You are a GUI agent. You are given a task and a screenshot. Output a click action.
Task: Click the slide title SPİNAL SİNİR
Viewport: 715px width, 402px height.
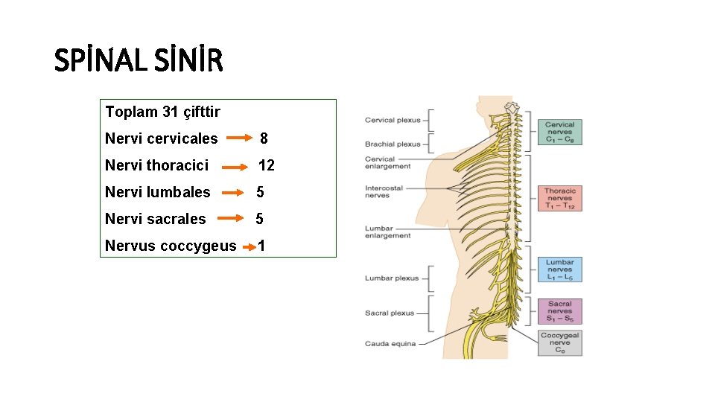[139, 60]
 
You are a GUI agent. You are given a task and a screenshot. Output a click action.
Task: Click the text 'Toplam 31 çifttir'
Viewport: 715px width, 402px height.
[162, 112]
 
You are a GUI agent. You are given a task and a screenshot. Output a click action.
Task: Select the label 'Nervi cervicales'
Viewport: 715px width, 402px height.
[162, 138]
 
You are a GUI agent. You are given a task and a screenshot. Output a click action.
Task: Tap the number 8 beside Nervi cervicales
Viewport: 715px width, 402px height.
[264, 138]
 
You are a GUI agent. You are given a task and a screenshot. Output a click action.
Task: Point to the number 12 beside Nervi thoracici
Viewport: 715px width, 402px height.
[266, 165]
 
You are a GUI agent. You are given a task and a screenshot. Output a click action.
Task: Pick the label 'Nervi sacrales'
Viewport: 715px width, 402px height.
[155, 219]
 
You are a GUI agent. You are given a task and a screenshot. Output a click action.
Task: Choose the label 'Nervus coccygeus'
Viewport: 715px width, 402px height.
[171, 246]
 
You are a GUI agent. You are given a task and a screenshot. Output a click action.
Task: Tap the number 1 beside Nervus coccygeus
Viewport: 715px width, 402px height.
[261, 246]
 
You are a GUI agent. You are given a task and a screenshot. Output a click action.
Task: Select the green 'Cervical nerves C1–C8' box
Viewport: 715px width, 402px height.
[559, 132]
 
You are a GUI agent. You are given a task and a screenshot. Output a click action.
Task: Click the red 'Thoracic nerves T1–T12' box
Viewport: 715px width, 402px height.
[559, 199]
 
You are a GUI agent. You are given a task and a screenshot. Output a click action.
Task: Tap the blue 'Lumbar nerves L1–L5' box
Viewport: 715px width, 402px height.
[559, 269]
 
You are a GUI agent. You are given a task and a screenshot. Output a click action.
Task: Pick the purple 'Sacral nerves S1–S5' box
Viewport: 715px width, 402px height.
[559, 311]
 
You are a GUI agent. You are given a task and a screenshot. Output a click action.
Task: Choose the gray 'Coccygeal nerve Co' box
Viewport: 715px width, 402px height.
[559, 343]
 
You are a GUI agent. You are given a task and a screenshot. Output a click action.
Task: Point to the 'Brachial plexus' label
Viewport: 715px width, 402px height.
[393, 144]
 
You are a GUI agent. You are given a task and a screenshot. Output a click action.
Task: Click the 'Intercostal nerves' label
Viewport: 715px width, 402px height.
[384, 192]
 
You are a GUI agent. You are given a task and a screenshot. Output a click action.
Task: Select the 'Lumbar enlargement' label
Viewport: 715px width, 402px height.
[387, 232]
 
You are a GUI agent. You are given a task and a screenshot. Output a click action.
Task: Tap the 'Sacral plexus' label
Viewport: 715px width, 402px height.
[390, 313]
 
